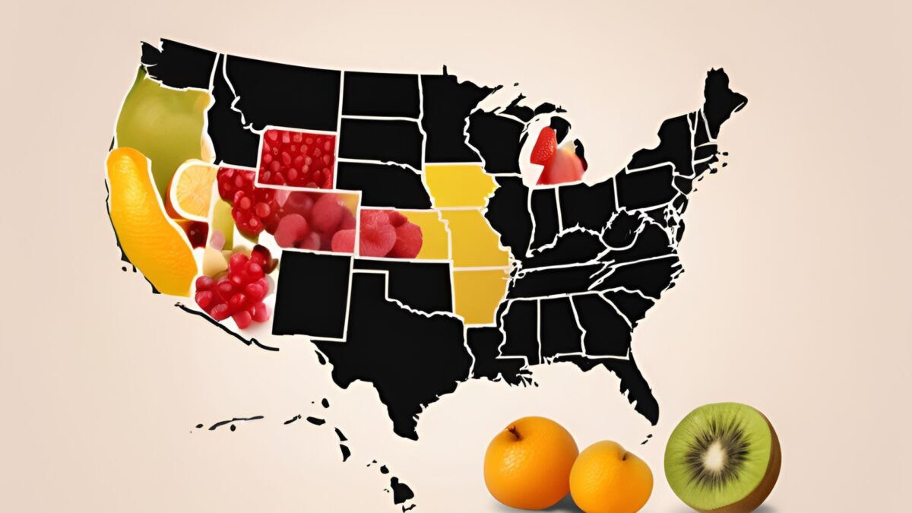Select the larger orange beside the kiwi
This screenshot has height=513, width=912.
point(530,462)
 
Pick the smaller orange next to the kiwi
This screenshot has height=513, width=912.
point(610,478)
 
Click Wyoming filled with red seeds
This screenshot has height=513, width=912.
point(296,158)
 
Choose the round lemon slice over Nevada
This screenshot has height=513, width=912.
point(192,190)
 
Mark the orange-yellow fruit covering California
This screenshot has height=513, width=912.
point(148,220)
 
